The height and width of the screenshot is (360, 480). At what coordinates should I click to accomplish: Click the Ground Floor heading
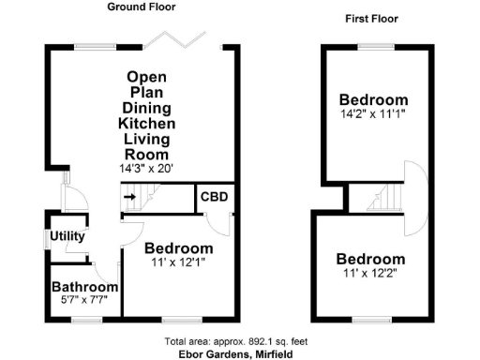click(x=141, y=7)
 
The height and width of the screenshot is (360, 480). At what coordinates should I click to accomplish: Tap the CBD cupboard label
click(x=214, y=197)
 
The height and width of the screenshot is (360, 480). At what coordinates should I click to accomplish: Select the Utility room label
click(x=68, y=236)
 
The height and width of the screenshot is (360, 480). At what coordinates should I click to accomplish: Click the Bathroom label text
click(x=84, y=287)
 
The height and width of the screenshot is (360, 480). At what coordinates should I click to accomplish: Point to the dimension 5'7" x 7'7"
click(x=84, y=300)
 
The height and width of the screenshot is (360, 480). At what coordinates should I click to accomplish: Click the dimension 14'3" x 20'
click(x=146, y=169)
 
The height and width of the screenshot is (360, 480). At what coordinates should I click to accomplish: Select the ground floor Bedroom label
click(x=178, y=248)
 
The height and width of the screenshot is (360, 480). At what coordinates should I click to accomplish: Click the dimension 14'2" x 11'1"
click(x=374, y=114)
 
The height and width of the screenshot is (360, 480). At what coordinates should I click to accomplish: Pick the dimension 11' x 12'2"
click(x=371, y=273)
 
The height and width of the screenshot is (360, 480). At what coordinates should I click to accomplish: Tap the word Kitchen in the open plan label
click(x=146, y=123)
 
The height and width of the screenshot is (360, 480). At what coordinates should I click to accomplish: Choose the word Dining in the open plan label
click(x=146, y=107)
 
